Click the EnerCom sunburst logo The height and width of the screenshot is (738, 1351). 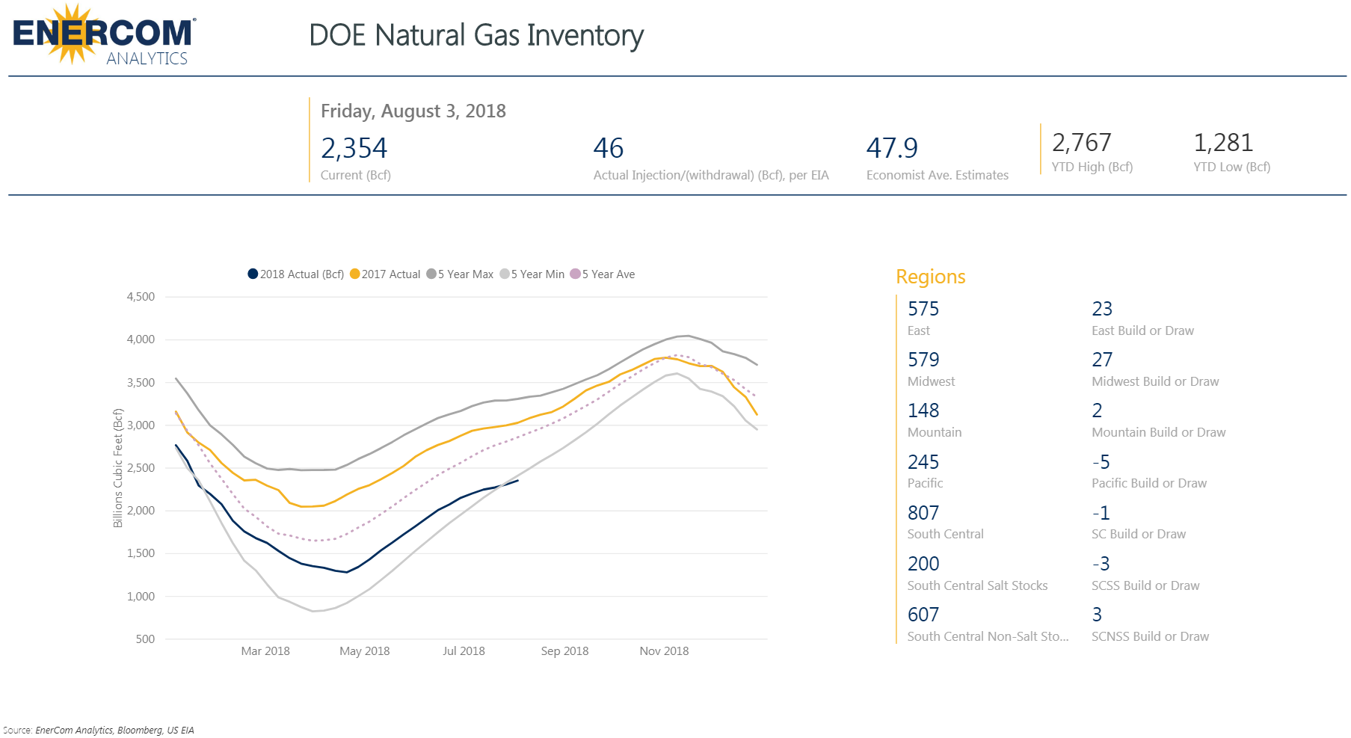tap(73, 34)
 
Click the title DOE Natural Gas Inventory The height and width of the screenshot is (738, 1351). tap(476, 35)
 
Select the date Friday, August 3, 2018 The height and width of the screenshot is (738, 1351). tap(413, 111)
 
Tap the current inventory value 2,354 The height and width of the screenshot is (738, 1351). tap(354, 148)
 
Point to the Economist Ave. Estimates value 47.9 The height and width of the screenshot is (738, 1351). tap(891, 148)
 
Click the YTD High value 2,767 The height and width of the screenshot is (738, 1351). tap(1081, 142)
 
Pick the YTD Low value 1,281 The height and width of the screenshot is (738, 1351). tap(1222, 142)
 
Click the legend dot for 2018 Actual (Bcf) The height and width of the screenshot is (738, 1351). tap(253, 274)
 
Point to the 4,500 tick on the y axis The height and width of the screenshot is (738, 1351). tap(141, 297)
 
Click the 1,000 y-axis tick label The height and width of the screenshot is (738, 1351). tap(141, 597)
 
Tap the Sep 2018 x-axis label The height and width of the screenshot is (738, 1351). tap(564, 651)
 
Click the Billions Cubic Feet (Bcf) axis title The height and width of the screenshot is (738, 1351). tap(117, 468)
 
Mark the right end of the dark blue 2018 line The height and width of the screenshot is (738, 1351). tap(517, 480)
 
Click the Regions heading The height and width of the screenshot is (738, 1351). tap(930, 277)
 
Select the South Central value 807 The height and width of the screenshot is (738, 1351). tap(923, 513)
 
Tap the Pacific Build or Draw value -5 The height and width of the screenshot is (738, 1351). tap(1101, 462)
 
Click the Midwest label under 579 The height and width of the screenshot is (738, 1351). tap(931, 381)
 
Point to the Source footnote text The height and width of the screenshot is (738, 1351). tap(99, 730)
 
